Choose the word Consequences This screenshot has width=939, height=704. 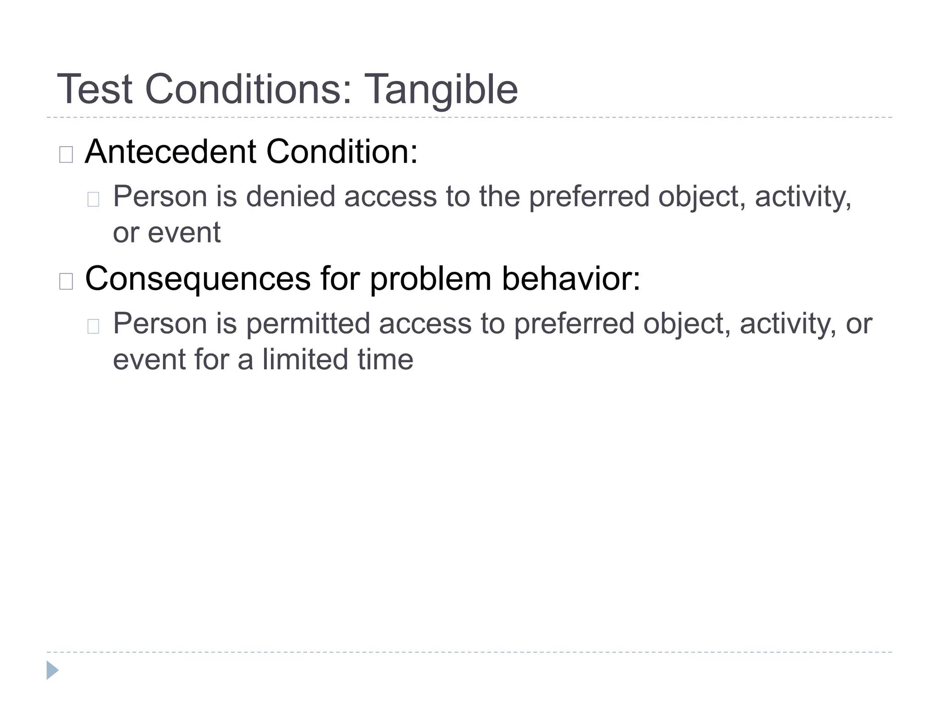coord(198,279)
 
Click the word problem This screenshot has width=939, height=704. coord(431,280)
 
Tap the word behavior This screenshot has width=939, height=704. coord(571,279)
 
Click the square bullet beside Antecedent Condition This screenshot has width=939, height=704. coord(66,154)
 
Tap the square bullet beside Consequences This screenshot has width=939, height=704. coord(66,281)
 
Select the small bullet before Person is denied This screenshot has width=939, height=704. coord(93,199)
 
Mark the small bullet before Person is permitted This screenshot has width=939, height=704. coord(93,326)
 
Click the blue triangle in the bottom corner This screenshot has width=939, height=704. coord(52,670)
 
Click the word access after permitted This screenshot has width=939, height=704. coord(425,323)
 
